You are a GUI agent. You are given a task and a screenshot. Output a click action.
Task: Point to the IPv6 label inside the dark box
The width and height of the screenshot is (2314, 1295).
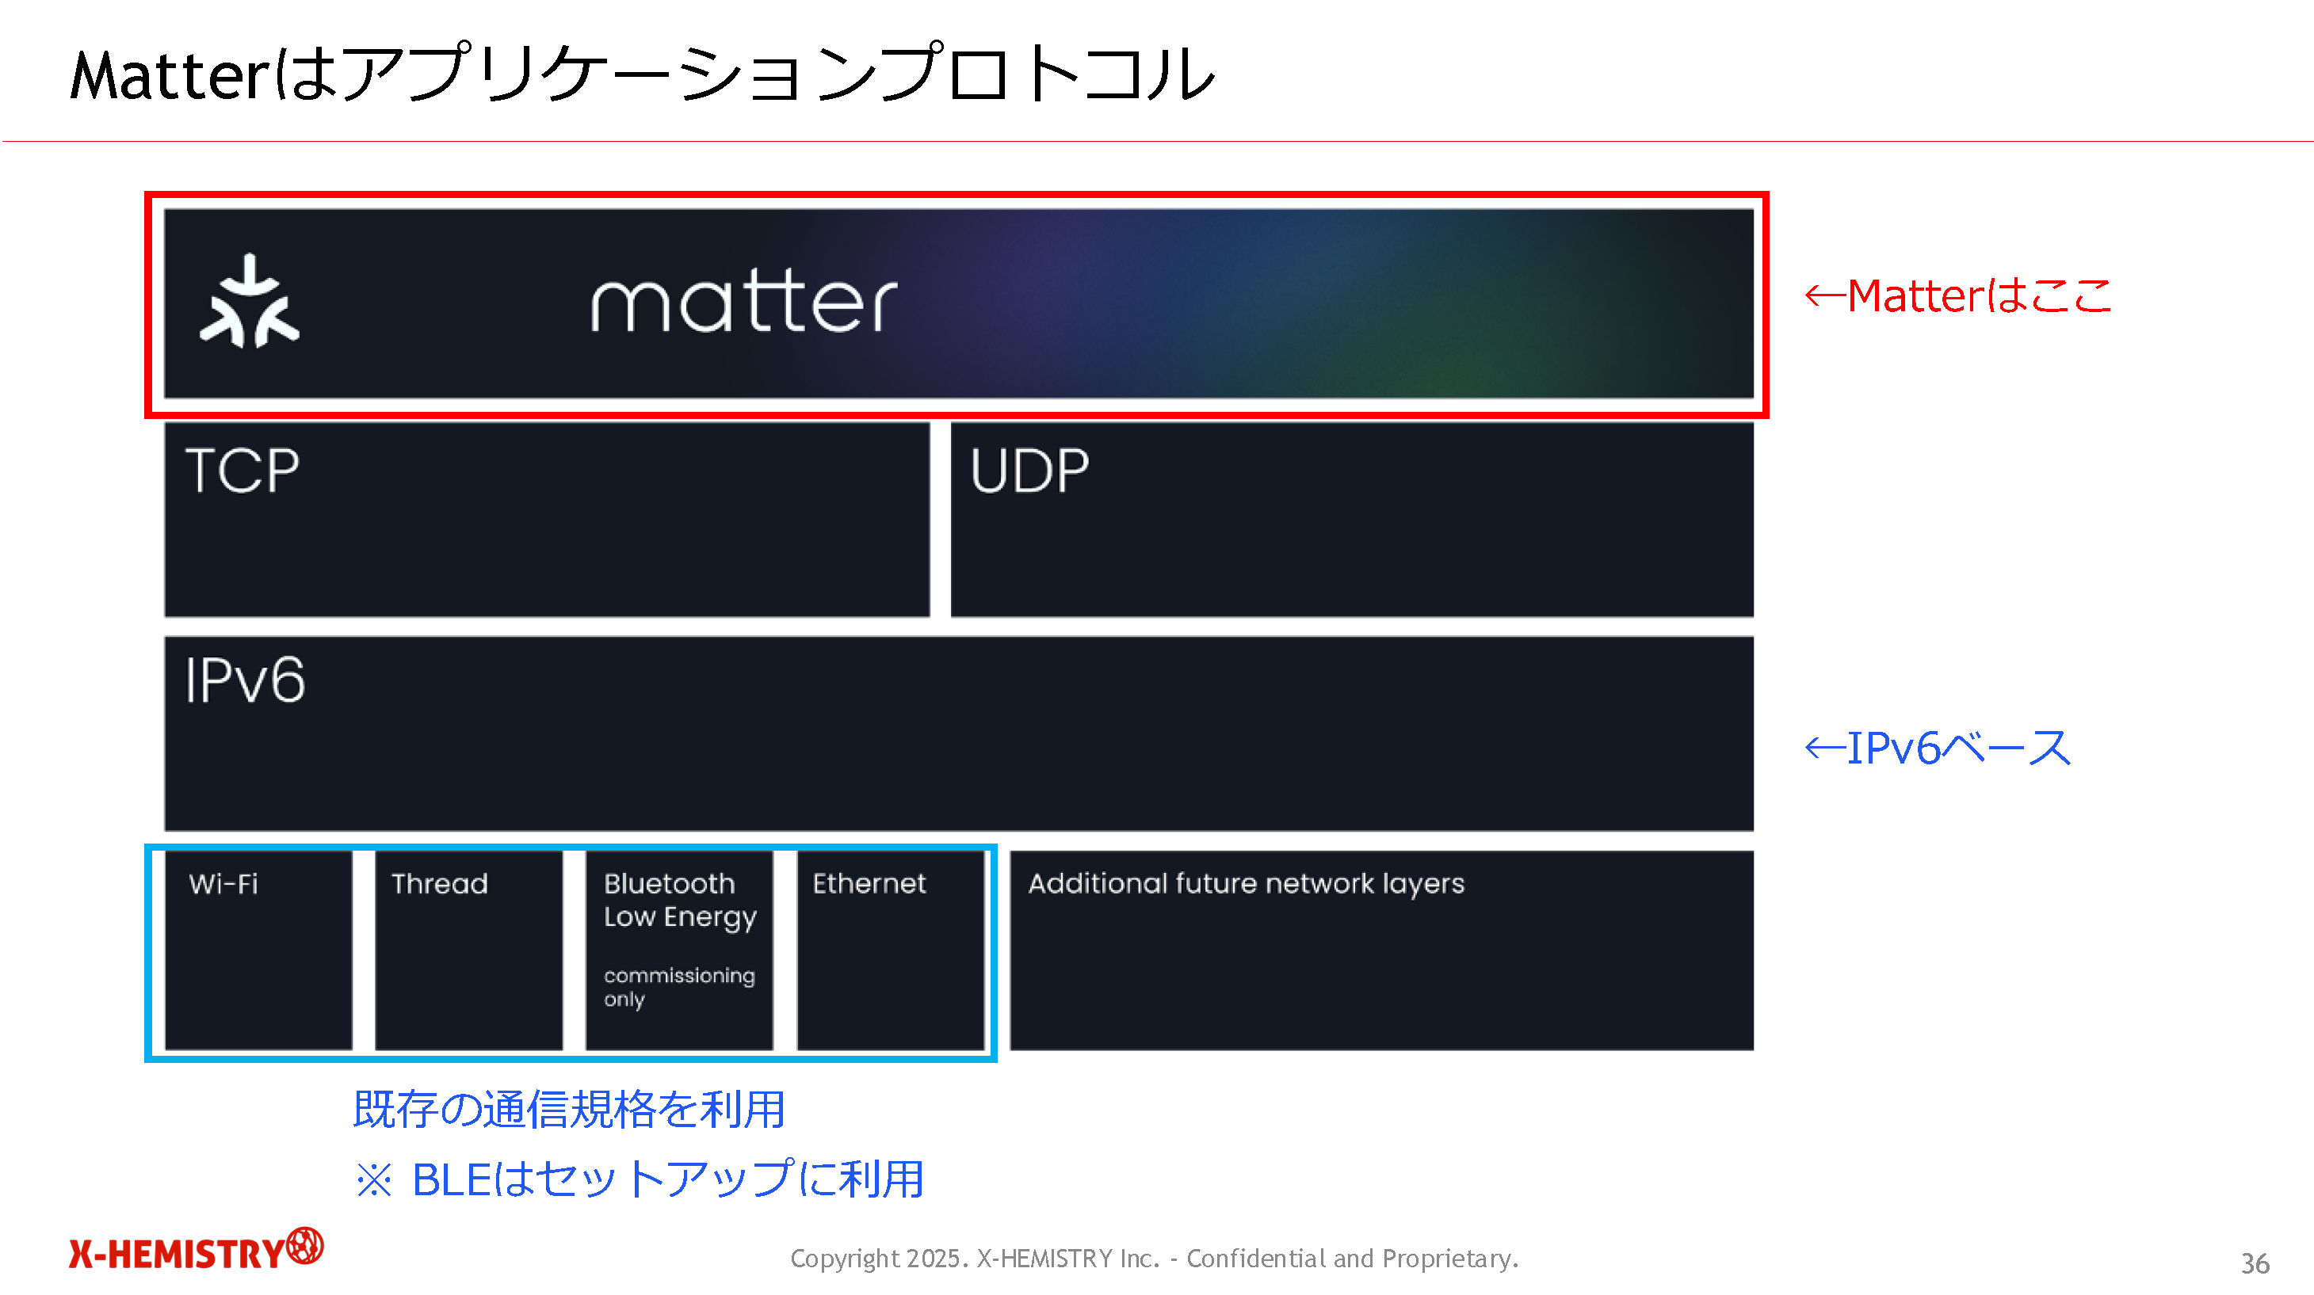pos(245,680)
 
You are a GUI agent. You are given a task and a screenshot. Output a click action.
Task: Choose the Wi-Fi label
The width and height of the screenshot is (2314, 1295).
pos(223,885)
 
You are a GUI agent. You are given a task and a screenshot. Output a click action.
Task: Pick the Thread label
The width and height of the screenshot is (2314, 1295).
pos(439,885)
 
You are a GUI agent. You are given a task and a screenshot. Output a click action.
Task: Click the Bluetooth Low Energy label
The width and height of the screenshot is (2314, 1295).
pos(680,901)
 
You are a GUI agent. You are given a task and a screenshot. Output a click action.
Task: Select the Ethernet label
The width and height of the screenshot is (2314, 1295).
pos(869,884)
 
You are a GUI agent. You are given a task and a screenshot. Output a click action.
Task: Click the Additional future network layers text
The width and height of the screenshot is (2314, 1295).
pos(1246,885)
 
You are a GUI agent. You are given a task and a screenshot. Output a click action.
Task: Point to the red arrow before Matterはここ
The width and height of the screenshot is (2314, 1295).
pos(1825,296)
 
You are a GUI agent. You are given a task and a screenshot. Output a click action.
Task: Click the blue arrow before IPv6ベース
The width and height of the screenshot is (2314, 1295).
pos(1825,748)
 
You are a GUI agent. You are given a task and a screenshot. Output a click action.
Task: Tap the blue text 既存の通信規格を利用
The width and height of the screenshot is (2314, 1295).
pos(570,1109)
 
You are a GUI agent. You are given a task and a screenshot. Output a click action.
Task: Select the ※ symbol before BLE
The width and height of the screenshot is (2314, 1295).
pos(374,1180)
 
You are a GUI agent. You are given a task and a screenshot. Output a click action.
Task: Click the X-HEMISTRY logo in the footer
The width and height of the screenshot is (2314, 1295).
pos(196,1249)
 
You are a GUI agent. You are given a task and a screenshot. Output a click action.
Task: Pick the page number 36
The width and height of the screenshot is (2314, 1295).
pos(2255,1263)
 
